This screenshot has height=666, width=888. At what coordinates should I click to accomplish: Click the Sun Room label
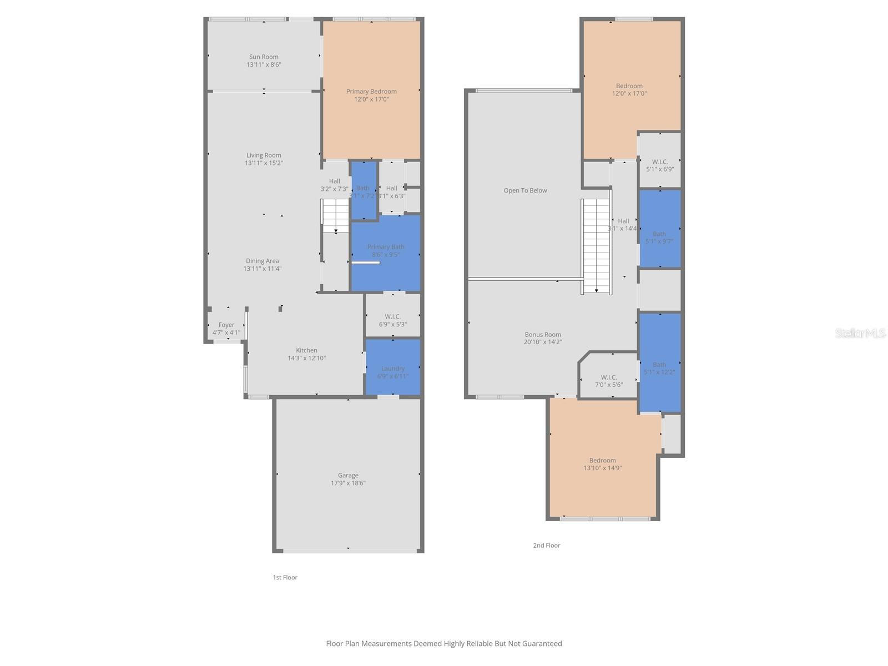[264, 57]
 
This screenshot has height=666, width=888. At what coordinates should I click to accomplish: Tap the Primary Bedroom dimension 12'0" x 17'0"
[371, 99]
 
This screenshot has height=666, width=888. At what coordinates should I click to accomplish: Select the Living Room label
[264, 155]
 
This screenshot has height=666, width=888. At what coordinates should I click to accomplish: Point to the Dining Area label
[263, 261]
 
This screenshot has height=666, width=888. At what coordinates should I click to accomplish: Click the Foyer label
[226, 325]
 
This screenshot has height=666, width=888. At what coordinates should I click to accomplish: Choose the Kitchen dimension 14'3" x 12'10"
[306, 358]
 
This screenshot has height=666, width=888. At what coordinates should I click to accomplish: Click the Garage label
[348, 475]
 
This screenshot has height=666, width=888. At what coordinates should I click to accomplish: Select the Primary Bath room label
[386, 247]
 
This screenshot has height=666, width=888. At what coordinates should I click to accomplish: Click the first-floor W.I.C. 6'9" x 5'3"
[392, 320]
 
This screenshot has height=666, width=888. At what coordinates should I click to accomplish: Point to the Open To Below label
[525, 190]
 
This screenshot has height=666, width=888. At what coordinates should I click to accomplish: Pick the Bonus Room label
[543, 335]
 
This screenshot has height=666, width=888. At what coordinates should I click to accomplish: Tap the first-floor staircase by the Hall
[335, 215]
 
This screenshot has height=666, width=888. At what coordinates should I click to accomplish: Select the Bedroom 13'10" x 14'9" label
[602, 460]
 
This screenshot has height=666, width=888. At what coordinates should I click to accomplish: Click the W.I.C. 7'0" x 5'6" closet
[609, 381]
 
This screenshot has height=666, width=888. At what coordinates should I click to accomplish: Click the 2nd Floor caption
[547, 546]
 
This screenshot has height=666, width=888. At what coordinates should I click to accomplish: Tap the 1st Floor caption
[285, 577]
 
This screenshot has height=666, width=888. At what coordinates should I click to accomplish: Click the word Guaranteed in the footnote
[541, 644]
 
